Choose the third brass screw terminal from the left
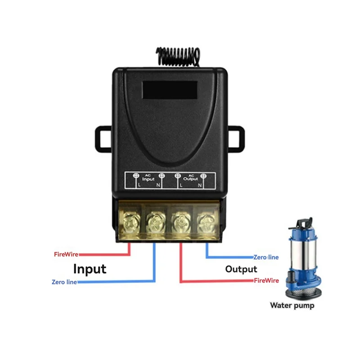click(180, 221)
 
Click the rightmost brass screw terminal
click(205, 221)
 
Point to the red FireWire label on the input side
click(66, 254)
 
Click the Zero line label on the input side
click(64, 282)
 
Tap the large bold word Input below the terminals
click(90, 269)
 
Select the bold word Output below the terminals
click(241, 269)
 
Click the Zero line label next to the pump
click(266, 257)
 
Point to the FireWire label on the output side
click(266, 280)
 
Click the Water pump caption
click(292, 306)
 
